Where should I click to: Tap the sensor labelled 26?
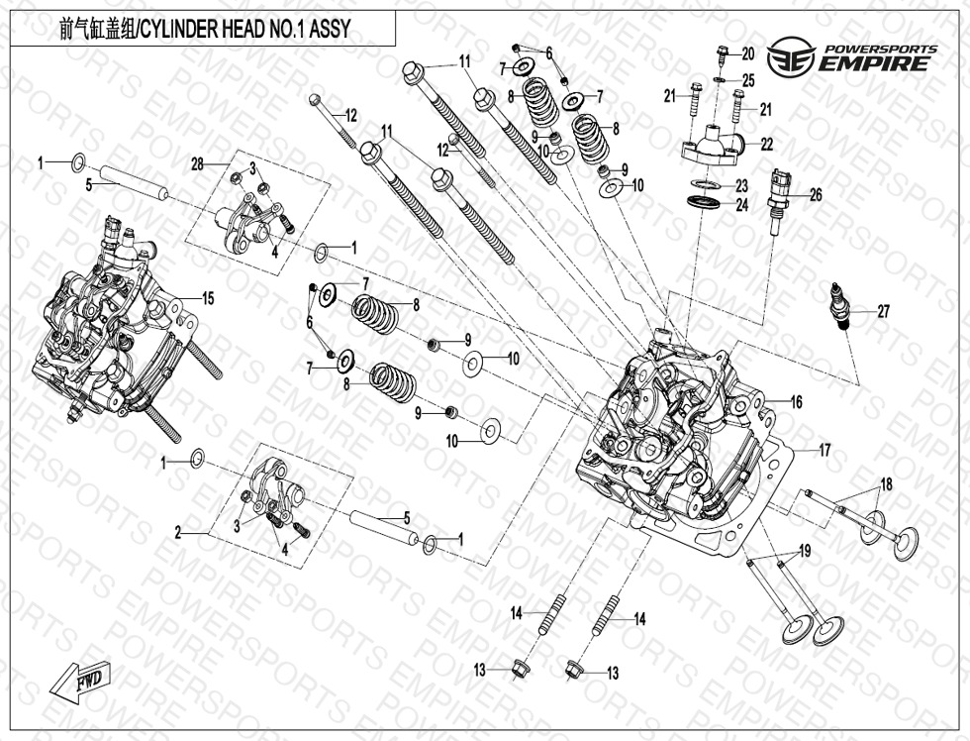click(x=778, y=198)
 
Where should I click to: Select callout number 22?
click(x=766, y=144)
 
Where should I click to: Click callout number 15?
click(x=208, y=298)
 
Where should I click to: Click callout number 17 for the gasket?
click(x=824, y=451)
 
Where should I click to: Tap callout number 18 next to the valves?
click(x=886, y=484)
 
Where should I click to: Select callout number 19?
click(x=805, y=550)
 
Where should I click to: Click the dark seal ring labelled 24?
click(x=704, y=203)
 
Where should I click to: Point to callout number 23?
click(x=741, y=185)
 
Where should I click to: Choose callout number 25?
click(x=748, y=79)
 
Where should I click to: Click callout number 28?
click(x=198, y=163)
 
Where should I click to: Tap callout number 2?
click(x=178, y=533)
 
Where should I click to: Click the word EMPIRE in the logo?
click(x=876, y=64)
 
